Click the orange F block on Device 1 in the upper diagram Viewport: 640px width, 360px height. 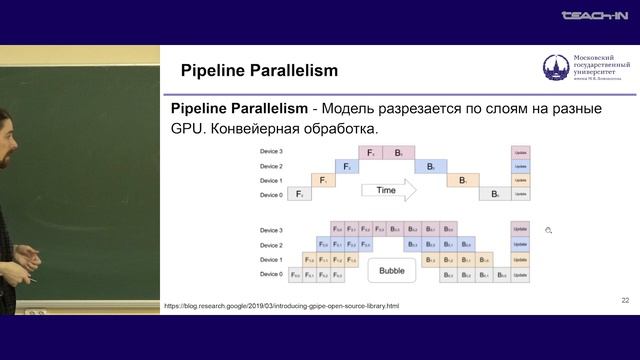(x=323, y=180)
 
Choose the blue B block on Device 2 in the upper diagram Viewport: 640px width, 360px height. (x=431, y=166)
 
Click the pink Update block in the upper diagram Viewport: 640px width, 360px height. (x=520, y=152)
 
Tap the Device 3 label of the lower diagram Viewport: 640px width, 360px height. (x=271, y=230)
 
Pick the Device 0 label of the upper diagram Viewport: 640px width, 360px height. (x=271, y=194)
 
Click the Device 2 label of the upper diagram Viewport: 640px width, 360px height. (x=271, y=166)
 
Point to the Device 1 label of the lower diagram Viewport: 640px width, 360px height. (x=271, y=259)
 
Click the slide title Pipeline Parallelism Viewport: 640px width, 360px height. (x=258, y=71)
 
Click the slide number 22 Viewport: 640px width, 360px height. (x=625, y=299)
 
